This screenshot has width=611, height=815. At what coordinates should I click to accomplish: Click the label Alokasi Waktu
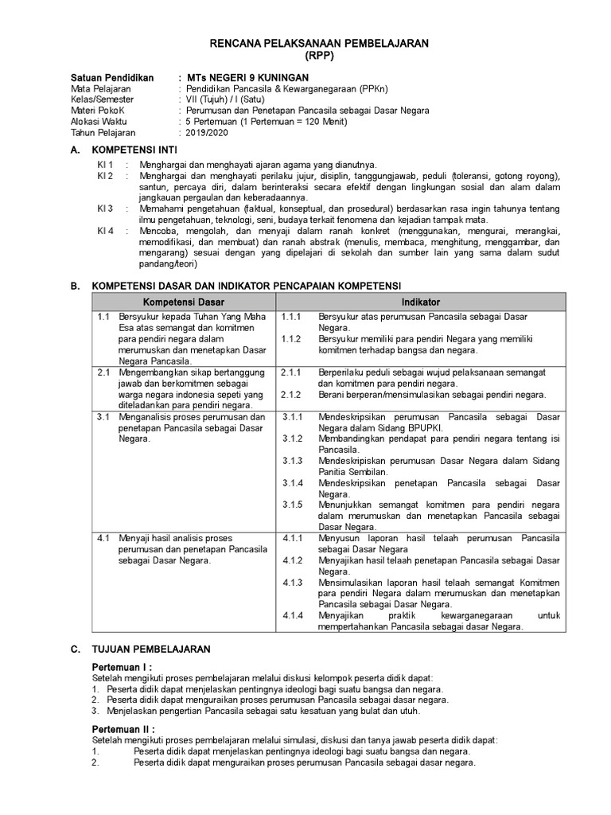[101, 122]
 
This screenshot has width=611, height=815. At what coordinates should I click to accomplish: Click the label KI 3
[105, 209]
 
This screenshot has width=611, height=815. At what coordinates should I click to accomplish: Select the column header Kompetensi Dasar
[183, 302]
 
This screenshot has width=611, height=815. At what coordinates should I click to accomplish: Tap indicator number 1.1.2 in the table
[291, 339]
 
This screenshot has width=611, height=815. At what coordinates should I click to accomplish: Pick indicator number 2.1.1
[291, 372]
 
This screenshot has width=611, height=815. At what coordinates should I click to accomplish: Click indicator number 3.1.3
[294, 461]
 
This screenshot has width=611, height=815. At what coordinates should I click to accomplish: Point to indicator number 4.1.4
[294, 615]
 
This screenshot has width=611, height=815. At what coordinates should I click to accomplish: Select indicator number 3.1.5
[294, 505]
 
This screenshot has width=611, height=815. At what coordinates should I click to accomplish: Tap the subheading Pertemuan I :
[122, 666]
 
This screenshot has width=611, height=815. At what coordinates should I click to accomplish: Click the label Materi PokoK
[99, 111]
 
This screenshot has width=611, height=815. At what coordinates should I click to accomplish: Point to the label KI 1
[105, 164]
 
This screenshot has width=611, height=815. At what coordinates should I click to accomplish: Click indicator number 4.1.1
[294, 538]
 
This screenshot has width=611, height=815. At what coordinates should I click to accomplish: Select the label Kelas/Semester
[103, 99]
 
